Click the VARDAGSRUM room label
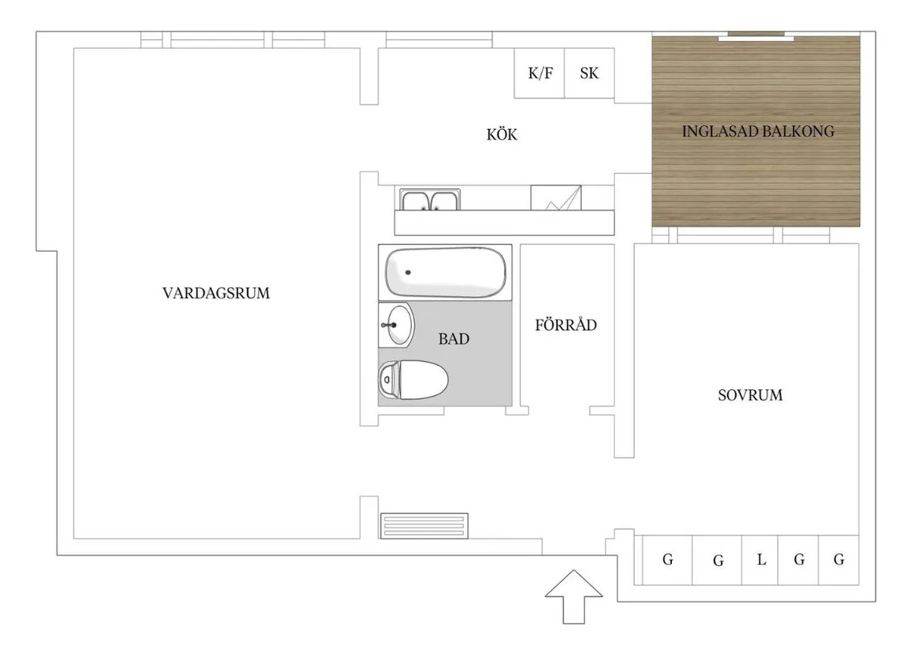click(216, 293)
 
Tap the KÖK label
click(502, 134)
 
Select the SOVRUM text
click(750, 395)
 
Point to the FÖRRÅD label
click(566, 325)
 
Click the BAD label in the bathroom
click(453, 339)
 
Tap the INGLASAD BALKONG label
click(758, 131)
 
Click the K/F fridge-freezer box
click(539, 73)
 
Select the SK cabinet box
click(589, 73)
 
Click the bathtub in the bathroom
click(445, 272)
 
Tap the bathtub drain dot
click(408, 272)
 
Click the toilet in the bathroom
click(413, 380)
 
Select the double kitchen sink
click(430, 199)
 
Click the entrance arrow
click(573, 597)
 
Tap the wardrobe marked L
click(760, 560)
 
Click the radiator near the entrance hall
click(424, 526)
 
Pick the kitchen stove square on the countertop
click(556, 198)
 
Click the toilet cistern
click(389, 380)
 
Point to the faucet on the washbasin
click(389, 325)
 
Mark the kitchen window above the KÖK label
click(439, 40)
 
